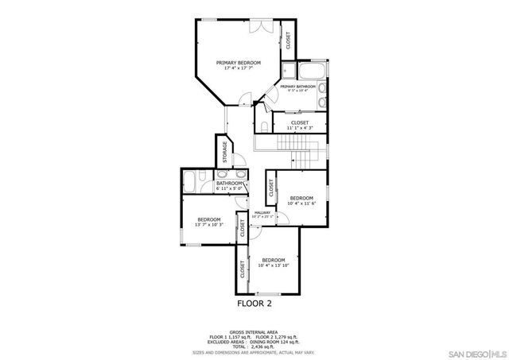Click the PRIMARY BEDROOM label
[239, 62]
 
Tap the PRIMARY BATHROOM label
[298, 86]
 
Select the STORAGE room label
[225, 150]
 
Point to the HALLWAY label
[262, 212]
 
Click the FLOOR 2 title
[254, 303]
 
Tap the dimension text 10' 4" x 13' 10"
[274, 265]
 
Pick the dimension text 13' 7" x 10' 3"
[208, 225]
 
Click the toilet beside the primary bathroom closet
[261, 125]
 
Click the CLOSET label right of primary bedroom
[288, 37]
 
